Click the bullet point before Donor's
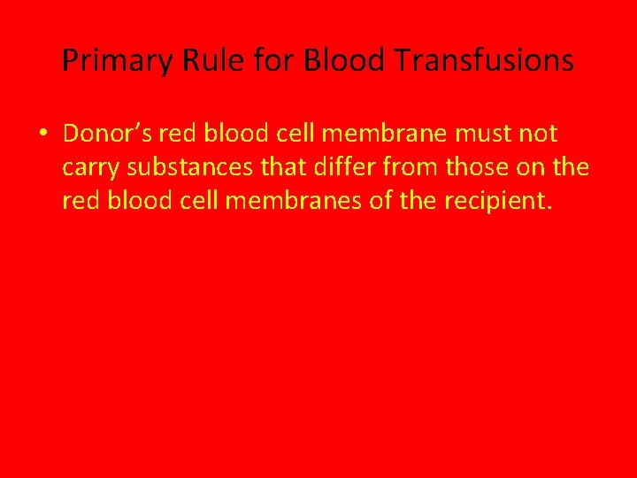pyautogui.click(x=42, y=135)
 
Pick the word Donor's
pyautogui.click(x=106, y=134)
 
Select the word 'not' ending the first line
pyautogui.click(x=539, y=134)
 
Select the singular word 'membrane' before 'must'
pyautogui.click(x=392, y=134)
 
